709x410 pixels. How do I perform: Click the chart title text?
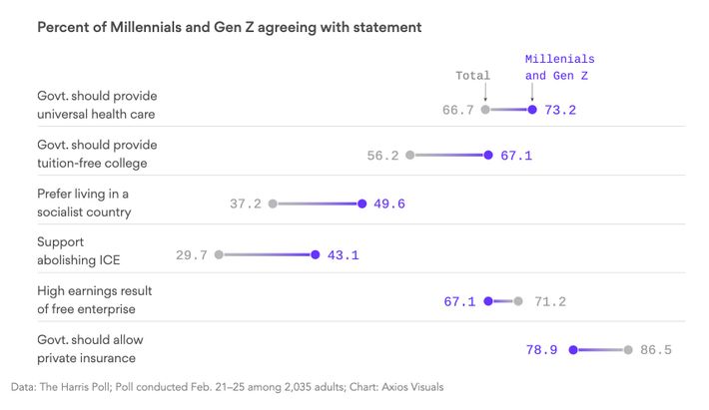pos(229,27)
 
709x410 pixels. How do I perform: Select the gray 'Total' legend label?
pos(473,75)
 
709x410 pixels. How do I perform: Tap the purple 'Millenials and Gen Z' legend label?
pos(559,67)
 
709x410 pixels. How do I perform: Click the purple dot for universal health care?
pos(532,110)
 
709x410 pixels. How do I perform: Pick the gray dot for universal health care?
pos(485,110)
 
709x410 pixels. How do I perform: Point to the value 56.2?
pos(382,156)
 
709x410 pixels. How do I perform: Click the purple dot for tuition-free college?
pos(488,156)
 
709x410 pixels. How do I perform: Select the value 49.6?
pos(389,204)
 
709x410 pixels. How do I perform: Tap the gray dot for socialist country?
pos(272,204)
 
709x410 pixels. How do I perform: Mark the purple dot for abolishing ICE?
pos(316,255)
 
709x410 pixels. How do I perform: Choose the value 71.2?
pos(550,300)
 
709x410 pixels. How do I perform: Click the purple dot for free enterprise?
pos(487,300)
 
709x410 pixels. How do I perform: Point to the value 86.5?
pos(656,350)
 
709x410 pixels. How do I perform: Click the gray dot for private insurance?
pos(628,350)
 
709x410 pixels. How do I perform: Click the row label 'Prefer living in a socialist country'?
pos(84,204)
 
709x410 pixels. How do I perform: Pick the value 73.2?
pos(560,110)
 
